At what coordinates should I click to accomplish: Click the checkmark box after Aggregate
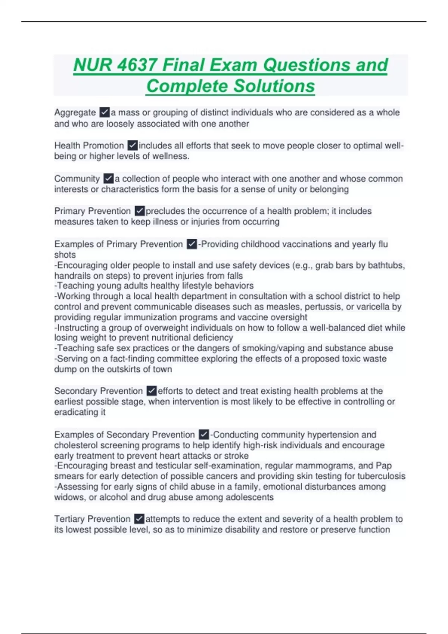(105, 112)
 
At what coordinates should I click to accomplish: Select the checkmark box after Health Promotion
(133, 145)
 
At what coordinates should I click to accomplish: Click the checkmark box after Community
(109, 178)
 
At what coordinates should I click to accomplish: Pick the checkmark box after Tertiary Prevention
(139, 519)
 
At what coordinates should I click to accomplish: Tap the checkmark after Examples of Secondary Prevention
(204, 434)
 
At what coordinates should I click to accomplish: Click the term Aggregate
(75, 112)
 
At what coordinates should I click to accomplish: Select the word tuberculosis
(381, 476)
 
